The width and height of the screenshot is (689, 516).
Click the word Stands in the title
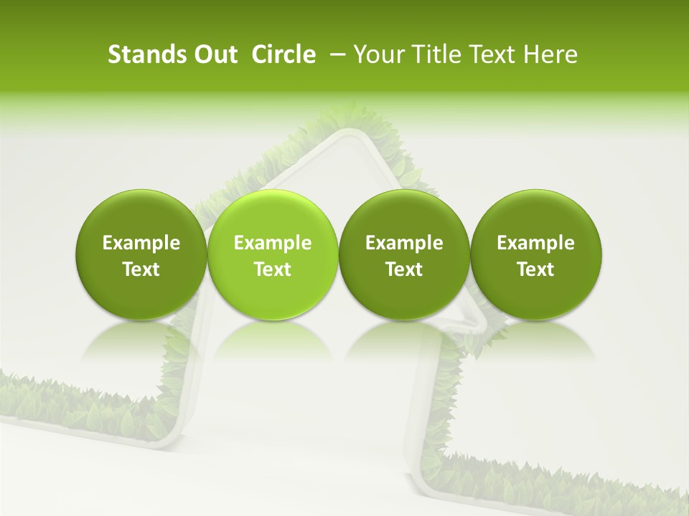(146, 54)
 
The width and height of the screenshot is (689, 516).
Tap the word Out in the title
(214, 54)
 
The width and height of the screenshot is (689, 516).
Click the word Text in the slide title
(494, 54)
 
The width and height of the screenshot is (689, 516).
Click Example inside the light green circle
(273, 243)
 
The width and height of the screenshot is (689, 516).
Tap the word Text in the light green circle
(273, 269)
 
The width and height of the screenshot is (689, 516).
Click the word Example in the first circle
(141, 243)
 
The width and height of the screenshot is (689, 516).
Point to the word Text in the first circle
(141, 269)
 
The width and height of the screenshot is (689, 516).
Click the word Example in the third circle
(404, 243)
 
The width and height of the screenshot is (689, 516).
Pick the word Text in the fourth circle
(535, 269)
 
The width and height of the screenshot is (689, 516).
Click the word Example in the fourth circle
(535, 243)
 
